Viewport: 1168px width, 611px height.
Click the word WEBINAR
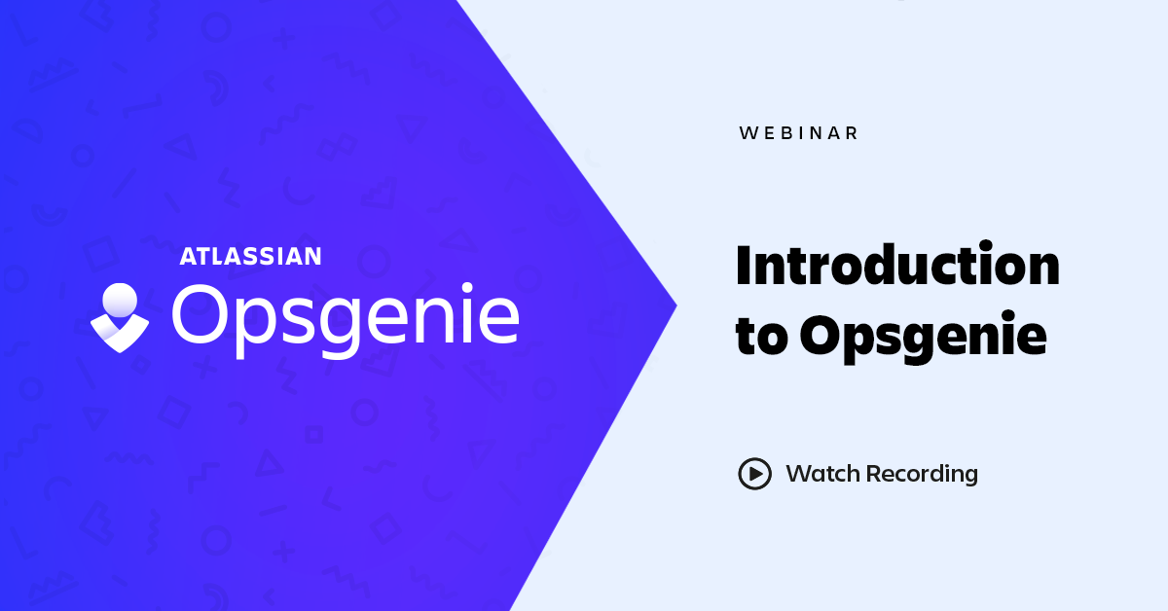coord(798,133)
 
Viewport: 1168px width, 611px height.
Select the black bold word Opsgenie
coord(924,338)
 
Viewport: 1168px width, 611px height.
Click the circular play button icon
coord(754,474)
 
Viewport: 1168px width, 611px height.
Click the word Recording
coord(922,475)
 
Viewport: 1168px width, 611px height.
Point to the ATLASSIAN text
coord(250,257)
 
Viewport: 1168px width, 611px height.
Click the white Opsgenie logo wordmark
coord(346,321)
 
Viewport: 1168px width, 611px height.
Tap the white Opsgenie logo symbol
coord(120,318)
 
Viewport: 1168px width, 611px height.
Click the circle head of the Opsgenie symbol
coord(120,300)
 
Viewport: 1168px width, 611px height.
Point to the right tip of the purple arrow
coord(676,305)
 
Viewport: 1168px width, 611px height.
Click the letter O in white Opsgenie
coord(201,314)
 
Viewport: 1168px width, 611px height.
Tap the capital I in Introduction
coord(744,266)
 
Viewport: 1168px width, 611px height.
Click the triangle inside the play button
coord(756,474)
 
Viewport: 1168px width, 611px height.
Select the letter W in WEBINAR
coord(748,133)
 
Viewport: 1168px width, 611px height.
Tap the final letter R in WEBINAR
coord(852,133)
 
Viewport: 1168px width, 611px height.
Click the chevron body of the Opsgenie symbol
coord(120,334)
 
